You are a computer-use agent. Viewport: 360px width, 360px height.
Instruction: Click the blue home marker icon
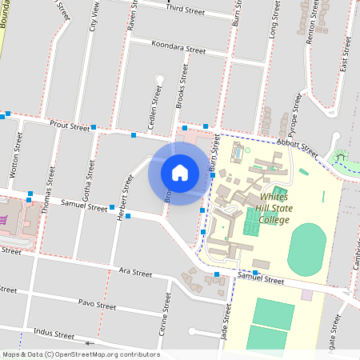coord(180,173)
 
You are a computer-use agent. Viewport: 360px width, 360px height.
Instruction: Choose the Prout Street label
coord(70,126)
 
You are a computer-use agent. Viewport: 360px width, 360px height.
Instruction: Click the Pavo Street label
coord(98,306)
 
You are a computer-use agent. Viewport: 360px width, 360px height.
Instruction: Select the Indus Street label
coord(54,334)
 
